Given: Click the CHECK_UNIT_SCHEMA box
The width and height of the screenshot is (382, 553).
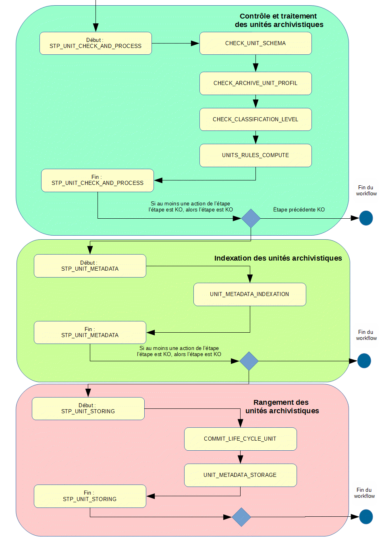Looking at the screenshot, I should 255,43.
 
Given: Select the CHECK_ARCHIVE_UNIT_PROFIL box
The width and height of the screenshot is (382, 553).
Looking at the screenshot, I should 255,83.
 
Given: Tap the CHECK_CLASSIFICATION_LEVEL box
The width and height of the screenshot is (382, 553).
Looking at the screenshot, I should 255,119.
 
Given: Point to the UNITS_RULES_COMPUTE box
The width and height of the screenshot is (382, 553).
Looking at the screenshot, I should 255,155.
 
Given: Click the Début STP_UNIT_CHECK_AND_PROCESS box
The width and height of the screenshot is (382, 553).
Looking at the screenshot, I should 95,43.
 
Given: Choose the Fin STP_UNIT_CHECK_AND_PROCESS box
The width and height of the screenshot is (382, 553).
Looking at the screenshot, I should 98,180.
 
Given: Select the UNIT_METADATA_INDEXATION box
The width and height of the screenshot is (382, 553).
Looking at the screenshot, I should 249,294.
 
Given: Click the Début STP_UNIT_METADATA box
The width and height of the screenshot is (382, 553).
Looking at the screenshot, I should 90,266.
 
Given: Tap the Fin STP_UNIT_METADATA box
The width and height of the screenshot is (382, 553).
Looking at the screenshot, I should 90,332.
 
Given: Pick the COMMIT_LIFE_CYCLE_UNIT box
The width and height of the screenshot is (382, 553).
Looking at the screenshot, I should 240,439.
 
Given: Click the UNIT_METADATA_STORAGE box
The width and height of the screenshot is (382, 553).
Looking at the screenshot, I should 240,475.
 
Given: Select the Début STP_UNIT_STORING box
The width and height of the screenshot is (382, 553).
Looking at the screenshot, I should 88,408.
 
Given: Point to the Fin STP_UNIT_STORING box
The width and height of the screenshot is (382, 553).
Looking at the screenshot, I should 90,496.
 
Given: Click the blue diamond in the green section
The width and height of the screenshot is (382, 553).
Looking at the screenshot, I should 249,361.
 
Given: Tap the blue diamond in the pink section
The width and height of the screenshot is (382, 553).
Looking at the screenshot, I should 241,517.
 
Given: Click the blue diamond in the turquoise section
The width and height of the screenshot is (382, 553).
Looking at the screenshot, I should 251,218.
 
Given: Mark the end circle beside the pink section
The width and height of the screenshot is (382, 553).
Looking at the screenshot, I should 366,517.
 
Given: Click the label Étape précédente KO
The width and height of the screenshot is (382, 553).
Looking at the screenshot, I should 299,209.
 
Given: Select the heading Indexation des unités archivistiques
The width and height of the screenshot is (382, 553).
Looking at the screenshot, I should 278,258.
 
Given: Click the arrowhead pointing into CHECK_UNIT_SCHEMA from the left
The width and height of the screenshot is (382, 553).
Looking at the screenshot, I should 195,43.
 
